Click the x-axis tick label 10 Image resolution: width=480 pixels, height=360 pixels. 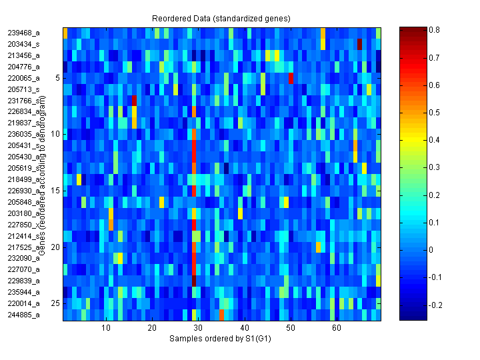[x=106, y=328]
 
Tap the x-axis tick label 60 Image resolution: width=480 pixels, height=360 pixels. [x=336, y=328]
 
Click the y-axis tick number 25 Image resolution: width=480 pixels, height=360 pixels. [x=55, y=303]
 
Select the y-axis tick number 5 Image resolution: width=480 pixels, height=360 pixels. [x=57, y=77]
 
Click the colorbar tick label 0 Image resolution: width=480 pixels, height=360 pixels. [x=431, y=250]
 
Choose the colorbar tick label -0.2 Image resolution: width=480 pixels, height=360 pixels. [x=435, y=305]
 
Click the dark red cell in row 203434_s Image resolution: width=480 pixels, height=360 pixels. [x=359, y=44]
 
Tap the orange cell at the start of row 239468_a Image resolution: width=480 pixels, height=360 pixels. [x=65, y=33]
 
